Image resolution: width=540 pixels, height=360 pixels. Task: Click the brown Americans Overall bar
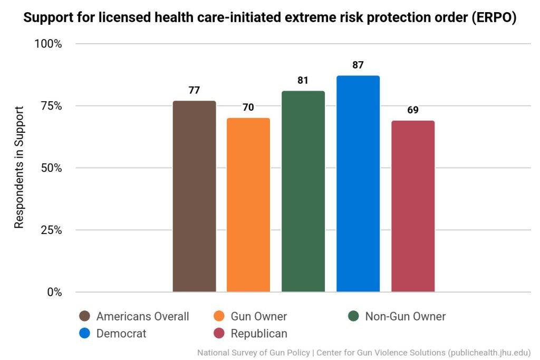pyautogui.click(x=194, y=196)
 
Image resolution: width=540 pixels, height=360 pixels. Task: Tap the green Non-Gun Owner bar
pyautogui.click(x=303, y=191)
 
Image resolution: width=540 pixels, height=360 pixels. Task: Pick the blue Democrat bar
pyautogui.click(x=358, y=183)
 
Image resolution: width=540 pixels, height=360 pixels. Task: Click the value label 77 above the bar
pyautogui.click(x=194, y=90)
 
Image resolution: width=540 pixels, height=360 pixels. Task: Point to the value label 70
pyautogui.click(x=248, y=108)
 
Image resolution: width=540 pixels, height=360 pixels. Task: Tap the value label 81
pyautogui.click(x=303, y=80)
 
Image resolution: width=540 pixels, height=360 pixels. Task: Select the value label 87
pyautogui.click(x=358, y=65)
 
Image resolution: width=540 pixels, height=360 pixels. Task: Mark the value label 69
pyautogui.click(x=413, y=110)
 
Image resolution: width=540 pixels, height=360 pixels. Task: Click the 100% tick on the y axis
pyautogui.click(x=48, y=44)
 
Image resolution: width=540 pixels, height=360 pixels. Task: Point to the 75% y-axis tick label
pyautogui.click(x=51, y=106)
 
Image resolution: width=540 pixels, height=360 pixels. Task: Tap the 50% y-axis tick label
pyautogui.click(x=51, y=168)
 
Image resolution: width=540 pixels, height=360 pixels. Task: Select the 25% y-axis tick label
pyautogui.click(x=51, y=230)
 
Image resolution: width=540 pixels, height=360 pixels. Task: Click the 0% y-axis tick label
pyautogui.click(x=53, y=292)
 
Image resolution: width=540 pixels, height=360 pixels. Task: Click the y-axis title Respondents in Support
pyautogui.click(x=19, y=168)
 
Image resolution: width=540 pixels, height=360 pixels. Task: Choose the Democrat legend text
pyautogui.click(x=121, y=334)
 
